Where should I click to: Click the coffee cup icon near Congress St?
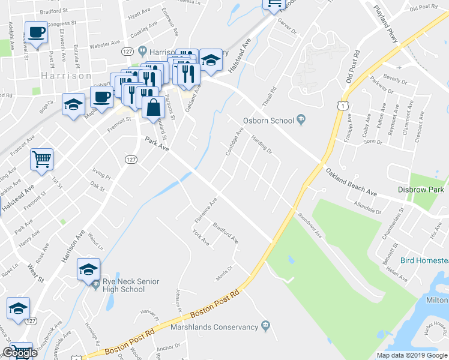[36, 32]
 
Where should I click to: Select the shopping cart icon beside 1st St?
[42, 160]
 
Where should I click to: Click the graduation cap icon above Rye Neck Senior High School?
[88, 269]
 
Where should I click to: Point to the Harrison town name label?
[67, 76]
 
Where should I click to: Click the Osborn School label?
[268, 121]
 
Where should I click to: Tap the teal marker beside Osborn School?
[302, 121]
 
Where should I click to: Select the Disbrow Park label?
[421, 190]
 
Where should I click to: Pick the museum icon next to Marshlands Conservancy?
[265, 326]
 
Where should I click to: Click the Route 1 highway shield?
[340, 106]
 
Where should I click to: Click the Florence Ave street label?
[205, 208]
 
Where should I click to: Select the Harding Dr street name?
[262, 145]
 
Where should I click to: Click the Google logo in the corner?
[20, 353]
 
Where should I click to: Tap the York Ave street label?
[200, 239]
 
